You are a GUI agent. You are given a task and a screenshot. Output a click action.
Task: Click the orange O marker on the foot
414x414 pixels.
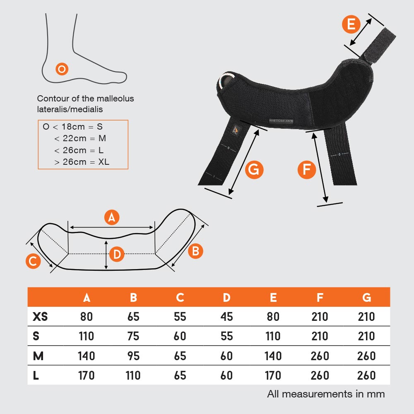click(62, 69)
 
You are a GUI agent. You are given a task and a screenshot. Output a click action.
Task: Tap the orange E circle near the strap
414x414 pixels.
click(351, 24)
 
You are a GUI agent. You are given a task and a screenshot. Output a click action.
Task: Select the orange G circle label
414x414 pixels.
click(254, 170)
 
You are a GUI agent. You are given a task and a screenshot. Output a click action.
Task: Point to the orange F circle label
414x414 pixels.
click(307, 170)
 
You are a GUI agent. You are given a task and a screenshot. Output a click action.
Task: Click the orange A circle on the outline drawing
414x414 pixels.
click(112, 217)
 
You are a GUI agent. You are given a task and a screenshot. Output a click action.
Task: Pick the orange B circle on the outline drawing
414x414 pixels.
click(195, 251)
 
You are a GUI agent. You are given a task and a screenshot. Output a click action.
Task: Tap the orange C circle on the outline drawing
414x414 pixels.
click(33, 261)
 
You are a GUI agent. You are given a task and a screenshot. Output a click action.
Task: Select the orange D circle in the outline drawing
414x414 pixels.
click(117, 254)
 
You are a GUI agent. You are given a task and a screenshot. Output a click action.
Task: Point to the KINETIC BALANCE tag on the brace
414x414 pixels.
click(281, 120)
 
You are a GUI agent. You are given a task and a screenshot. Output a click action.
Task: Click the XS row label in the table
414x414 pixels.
click(40, 316)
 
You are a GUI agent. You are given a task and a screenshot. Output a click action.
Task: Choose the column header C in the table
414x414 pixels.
click(180, 298)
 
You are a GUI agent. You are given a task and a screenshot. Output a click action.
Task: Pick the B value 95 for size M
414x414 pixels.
click(133, 356)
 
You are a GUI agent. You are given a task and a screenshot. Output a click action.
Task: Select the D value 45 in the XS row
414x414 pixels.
click(226, 317)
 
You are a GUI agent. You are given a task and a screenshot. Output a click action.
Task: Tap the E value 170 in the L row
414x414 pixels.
click(273, 375)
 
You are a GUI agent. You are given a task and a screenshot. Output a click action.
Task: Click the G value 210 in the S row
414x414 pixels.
click(366, 336)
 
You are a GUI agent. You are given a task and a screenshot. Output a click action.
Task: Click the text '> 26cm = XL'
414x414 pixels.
click(82, 162)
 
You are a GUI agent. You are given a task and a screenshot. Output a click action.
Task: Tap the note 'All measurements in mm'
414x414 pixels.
click(326, 394)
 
